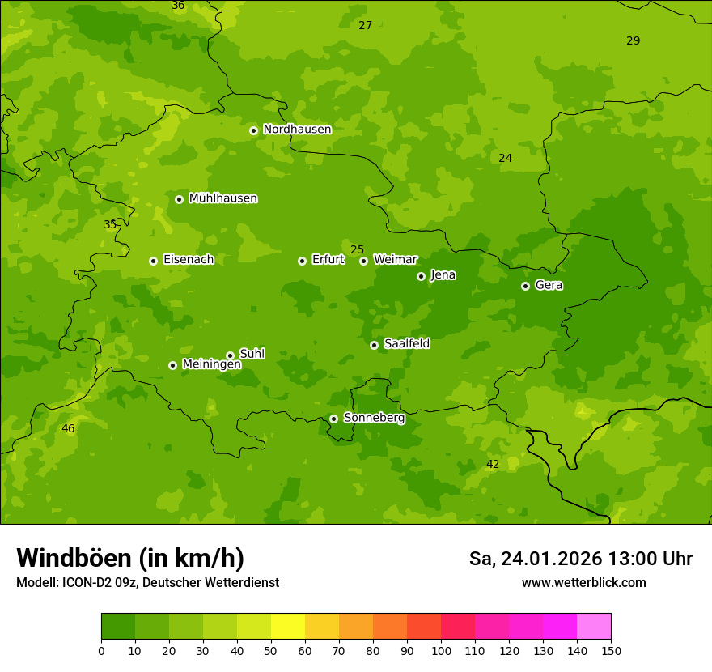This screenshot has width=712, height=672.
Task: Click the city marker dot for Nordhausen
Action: pos(253,130)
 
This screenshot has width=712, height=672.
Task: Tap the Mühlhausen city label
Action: pos(222,198)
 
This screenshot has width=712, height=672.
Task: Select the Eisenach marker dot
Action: pos(153,261)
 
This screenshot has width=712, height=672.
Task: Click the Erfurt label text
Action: pos(328,260)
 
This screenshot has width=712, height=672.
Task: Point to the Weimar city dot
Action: pos(363,261)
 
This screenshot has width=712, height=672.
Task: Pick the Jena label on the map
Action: pos(443,275)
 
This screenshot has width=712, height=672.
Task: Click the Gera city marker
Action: pos(525,286)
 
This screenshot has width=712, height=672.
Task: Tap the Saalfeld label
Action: pos(406,344)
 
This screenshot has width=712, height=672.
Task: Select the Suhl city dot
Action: pos(230,355)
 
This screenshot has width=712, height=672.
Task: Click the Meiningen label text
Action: pos(211,364)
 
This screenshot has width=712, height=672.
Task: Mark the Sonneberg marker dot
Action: pos(333,419)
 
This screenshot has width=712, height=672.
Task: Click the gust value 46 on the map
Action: pos(68,428)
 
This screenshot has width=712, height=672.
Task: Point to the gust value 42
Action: pos(492,464)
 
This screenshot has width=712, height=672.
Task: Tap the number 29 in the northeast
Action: pos(633,40)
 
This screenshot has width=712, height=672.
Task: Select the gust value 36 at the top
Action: pos(178,6)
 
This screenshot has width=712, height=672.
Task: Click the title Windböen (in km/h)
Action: pos(130,558)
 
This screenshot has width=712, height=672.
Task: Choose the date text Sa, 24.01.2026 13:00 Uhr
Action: pos(580,559)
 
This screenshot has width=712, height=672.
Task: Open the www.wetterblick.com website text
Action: pos(583,583)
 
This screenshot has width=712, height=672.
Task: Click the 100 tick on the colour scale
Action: pos(441,650)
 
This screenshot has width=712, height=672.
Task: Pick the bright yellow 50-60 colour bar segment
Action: pos(288,627)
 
